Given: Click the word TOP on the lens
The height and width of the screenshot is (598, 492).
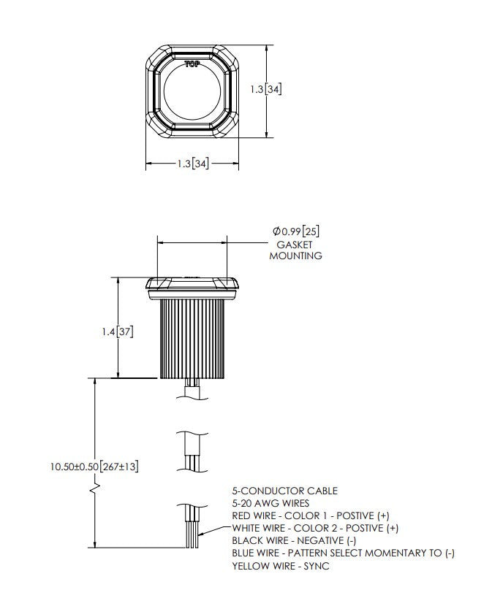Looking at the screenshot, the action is click(x=192, y=64).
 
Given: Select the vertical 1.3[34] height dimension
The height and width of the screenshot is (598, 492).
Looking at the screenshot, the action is click(x=266, y=89).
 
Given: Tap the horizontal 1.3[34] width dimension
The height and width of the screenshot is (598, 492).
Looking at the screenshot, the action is click(x=193, y=164).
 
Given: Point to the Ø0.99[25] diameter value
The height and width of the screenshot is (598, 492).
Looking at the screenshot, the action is click(x=296, y=231).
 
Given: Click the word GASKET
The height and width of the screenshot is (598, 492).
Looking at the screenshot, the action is click(x=294, y=245).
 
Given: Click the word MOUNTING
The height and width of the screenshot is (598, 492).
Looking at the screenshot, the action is click(x=295, y=256).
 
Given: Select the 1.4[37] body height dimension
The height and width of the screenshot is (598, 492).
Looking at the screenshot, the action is click(x=118, y=331).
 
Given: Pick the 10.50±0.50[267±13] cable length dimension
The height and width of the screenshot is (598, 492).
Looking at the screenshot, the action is click(x=94, y=467).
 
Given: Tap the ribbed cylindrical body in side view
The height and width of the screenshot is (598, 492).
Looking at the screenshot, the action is click(x=192, y=339).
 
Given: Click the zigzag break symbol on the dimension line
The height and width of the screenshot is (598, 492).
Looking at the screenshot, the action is click(x=95, y=489).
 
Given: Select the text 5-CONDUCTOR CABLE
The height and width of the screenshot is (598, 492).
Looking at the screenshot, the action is click(x=284, y=491).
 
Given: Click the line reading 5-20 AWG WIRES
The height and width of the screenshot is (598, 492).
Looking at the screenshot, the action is click(x=270, y=503).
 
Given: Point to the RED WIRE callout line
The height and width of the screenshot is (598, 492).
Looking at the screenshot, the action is click(x=311, y=516).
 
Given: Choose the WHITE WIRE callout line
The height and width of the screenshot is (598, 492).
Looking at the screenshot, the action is click(x=315, y=528).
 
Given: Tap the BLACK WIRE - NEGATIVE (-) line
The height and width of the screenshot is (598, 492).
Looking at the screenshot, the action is click(x=294, y=541).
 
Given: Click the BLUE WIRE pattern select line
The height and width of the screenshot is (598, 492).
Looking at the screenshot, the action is click(x=343, y=553).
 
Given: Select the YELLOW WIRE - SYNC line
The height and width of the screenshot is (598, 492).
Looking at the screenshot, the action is click(x=281, y=566).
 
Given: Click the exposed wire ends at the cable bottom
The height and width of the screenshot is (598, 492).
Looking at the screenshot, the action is click(x=192, y=534).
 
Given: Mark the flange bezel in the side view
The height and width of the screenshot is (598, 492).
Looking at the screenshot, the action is click(x=192, y=288).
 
